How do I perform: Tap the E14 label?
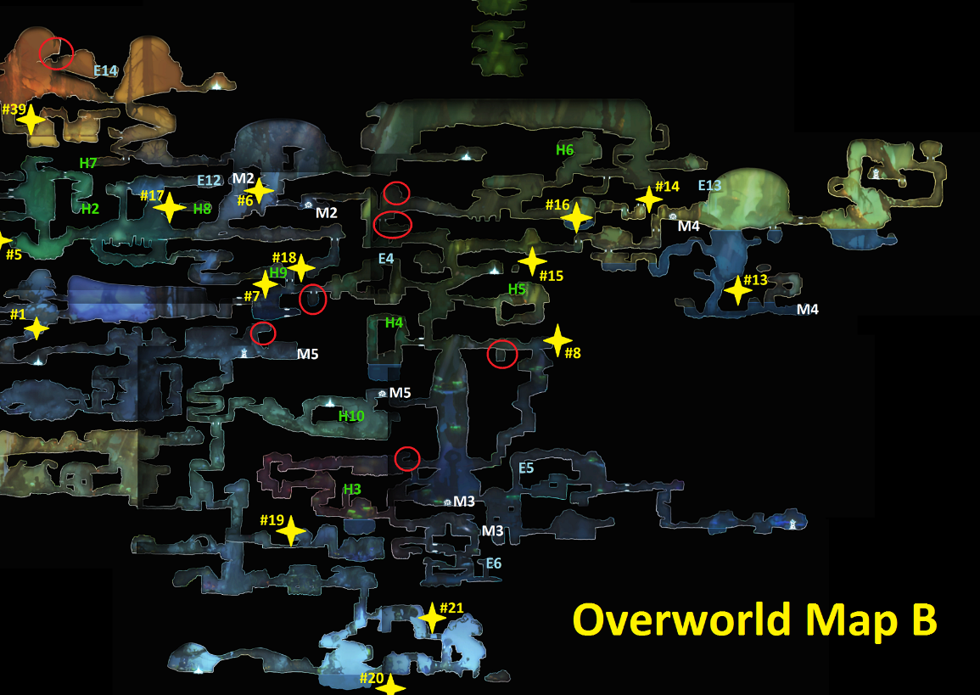tap(106, 70)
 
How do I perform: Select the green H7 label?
tap(88, 162)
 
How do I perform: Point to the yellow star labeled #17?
tap(169, 207)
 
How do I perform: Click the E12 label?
tap(209, 181)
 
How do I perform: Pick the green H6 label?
tap(565, 150)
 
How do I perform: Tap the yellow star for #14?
tap(649, 199)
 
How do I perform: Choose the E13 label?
tap(709, 186)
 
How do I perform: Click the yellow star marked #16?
tap(576, 217)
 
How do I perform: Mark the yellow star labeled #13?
tap(737, 291)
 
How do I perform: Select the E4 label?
tap(386, 258)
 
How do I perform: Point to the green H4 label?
tap(394, 322)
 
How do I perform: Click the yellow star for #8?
tap(557, 339)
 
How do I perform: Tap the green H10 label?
tap(351, 416)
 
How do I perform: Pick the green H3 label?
tap(352, 490)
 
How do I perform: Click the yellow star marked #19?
tap(291, 531)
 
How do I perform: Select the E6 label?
tap(494, 563)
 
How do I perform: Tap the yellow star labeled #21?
tap(432, 618)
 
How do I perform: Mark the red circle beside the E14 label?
tap(57, 53)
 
